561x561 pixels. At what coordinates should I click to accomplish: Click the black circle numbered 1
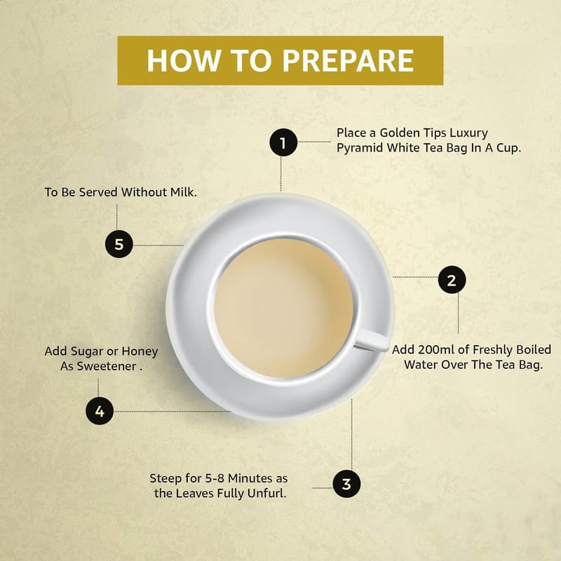283,142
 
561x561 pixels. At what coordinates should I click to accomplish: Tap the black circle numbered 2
452,280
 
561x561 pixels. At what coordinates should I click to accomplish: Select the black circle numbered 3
346,484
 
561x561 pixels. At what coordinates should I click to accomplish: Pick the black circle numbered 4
100,411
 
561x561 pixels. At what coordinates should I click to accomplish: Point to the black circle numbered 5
119,244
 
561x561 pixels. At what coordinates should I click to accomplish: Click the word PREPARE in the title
349,60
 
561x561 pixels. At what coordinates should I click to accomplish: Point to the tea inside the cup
284,309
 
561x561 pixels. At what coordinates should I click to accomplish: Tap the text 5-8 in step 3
215,478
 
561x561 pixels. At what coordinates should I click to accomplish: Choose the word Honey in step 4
140,352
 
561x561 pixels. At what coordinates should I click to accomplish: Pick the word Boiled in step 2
534,349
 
